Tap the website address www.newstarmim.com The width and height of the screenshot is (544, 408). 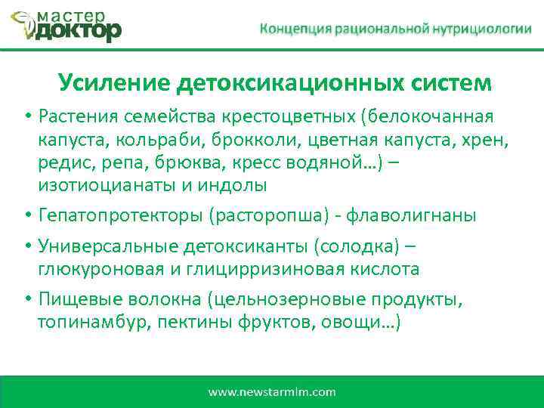tap(272, 392)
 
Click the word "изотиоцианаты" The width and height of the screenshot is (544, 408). tap(95, 185)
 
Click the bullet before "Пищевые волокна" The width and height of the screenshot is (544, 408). tap(26, 300)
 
